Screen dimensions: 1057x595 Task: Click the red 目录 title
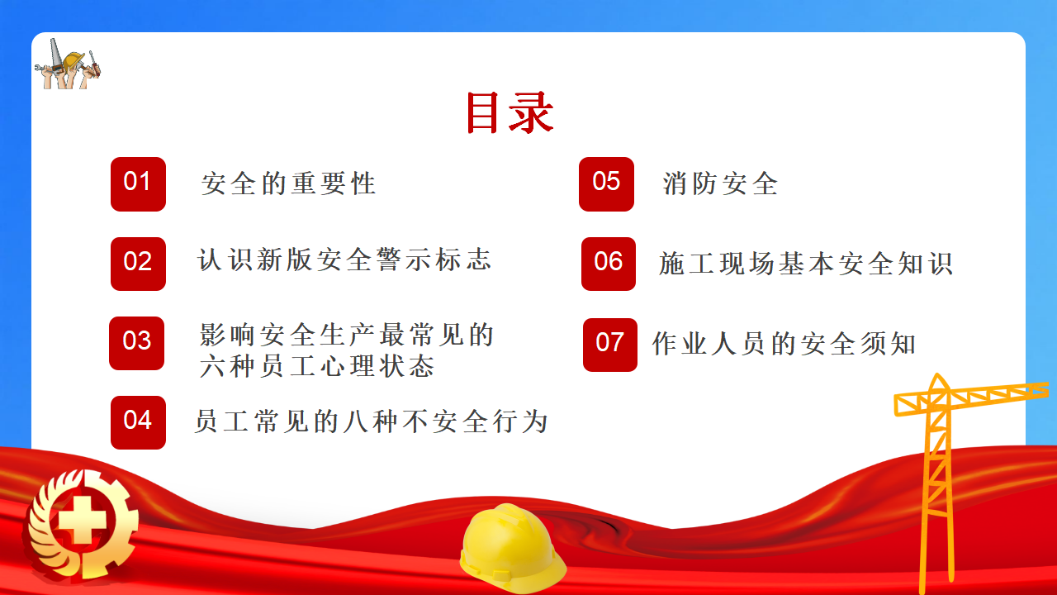tap(510, 112)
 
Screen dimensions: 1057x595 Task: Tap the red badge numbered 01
tap(138, 184)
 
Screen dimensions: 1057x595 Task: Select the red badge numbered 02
tap(138, 264)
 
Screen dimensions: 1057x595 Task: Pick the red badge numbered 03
tap(137, 343)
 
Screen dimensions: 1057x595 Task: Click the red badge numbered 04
tap(138, 422)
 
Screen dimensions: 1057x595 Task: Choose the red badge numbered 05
tap(606, 184)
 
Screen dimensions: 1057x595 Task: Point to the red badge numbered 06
tap(609, 264)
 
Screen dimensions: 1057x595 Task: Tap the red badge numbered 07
tap(610, 345)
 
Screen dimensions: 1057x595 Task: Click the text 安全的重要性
tap(288, 183)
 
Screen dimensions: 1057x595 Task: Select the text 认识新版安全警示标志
tap(344, 259)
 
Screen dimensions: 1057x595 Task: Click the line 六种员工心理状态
tap(316, 366)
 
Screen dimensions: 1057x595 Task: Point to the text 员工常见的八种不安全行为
tap(372, 421)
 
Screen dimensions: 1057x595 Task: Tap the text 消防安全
tap(720, 183)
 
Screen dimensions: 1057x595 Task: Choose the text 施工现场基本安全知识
tap(806, 264)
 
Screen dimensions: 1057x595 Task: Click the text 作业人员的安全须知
tap(784, 343)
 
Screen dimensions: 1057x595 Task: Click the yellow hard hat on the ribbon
tap(513, 548)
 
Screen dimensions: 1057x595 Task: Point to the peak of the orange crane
tap(937, 374)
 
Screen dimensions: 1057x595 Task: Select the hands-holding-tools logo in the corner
tap(68, 64)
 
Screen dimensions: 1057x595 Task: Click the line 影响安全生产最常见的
tap(346, 335)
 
